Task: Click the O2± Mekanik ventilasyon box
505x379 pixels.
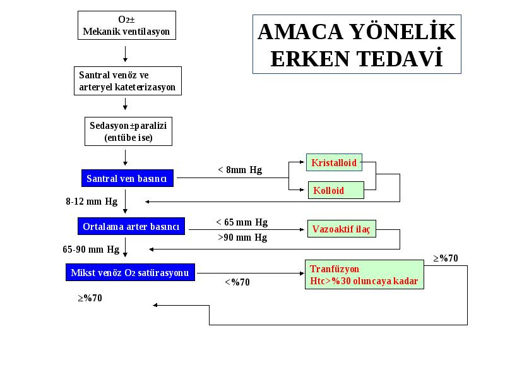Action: coord(127,25)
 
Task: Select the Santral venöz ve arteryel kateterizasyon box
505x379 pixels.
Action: coord(128,81)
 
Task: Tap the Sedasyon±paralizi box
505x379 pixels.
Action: coord(128,131)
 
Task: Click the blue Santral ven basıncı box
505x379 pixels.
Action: coord(128,178)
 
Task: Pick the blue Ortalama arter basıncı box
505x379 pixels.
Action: coord(131,226)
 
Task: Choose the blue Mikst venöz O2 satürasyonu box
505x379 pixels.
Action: coord(130,272)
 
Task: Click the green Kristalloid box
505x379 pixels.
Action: coord(334,162)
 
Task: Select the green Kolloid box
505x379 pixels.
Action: coord(336,190)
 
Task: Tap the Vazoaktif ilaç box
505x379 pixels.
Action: coord(342,229)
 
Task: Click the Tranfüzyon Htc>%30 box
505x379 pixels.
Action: coord(364,275)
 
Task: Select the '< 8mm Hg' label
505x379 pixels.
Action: coord(240,169)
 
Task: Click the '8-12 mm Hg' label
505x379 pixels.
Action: coord(92,202)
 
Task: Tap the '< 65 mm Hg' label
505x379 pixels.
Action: coord(242,222)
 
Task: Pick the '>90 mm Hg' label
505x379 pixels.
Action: coord(242,238)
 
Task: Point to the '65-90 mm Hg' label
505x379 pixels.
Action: coord(91,250)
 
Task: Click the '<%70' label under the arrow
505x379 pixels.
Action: coord(237,282)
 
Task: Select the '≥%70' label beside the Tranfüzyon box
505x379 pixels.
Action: coord(446,258)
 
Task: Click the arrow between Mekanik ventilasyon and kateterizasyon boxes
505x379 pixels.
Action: coord(125,54)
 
